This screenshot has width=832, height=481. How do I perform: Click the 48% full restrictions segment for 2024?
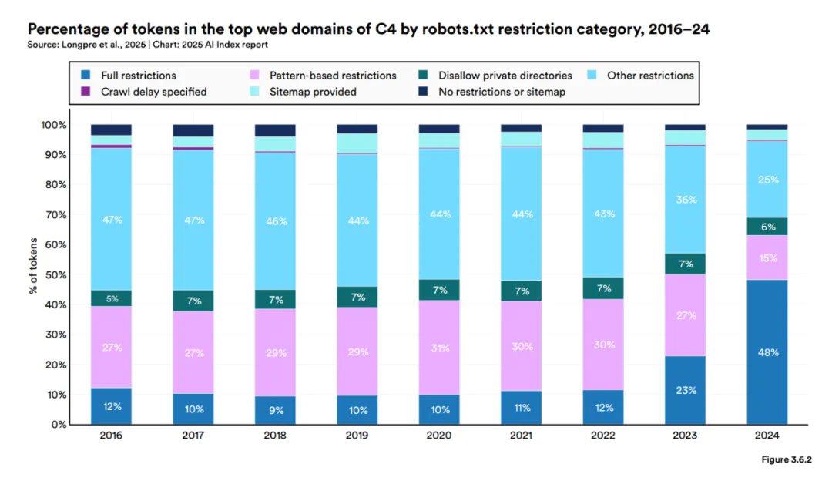(767, 352)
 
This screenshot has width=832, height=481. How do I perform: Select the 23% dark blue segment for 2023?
(686, 390)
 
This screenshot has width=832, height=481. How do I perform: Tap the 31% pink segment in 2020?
(439, 348)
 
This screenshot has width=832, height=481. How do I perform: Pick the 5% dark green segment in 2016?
(111, 298)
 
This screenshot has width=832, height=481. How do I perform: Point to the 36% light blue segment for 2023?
(686, 200)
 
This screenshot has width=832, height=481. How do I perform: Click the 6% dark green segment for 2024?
(767, 227)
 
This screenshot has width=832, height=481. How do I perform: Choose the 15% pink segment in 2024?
(767, 258)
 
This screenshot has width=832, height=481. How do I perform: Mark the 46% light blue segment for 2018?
(275, 221)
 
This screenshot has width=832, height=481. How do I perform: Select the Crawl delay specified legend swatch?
(86, 92)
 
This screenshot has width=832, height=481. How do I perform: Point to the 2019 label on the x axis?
(357, 436)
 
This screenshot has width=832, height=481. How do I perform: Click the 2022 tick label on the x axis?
(603, 436)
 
